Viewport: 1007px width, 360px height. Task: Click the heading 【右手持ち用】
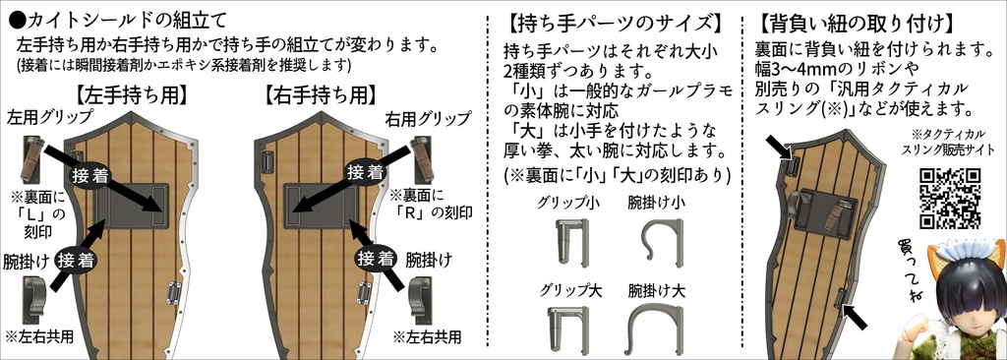(321, 95)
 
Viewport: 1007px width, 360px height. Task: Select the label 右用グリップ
(430, 117)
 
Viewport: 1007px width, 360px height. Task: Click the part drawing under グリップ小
(569, 242)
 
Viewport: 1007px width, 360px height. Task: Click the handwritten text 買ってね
(909, 270)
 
